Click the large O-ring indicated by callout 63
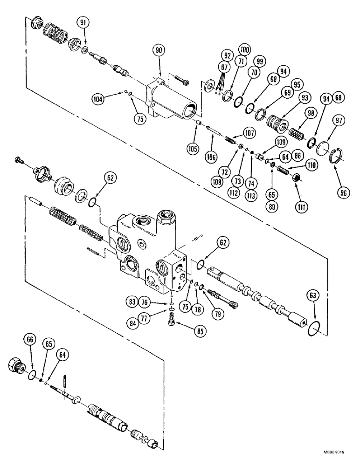(315, 328)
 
